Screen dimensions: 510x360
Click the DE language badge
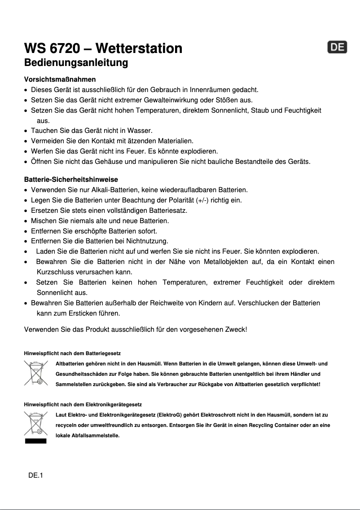coord(337,48)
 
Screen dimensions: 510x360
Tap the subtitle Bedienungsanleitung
coord(76,62)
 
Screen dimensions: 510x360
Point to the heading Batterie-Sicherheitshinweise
coord(71,180)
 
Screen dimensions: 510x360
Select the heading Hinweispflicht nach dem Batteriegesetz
coord(72,354)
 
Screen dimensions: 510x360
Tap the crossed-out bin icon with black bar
coord(35,426)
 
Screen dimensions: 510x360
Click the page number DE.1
coord(36,475)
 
